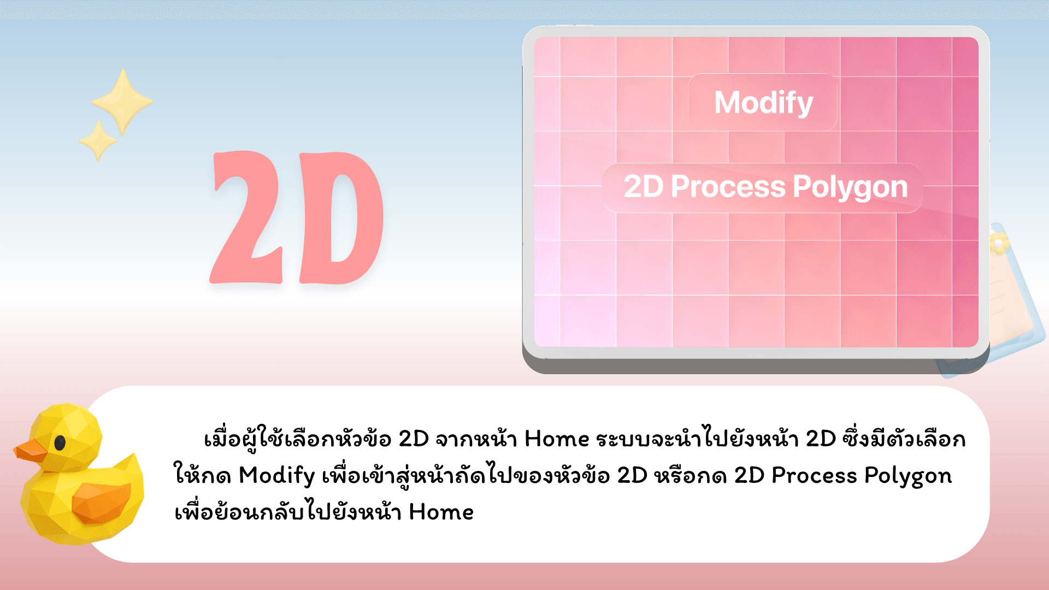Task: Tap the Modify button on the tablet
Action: coord(763,102)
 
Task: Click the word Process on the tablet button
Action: coord(728,187)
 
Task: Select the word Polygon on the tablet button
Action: coord(850,188)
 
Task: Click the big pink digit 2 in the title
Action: coord(246,217)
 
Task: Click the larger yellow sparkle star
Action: coord(122,102)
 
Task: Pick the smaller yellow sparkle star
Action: coord(98,141)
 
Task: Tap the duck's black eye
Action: coord(60,442)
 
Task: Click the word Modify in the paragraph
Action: coord(277,476)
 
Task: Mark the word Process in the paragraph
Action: coord(814,475)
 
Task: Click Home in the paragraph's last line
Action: coord(441,512)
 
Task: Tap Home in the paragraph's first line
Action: coord(557,439)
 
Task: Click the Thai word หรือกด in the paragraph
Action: coord(691,475)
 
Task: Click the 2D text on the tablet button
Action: coord(644,187)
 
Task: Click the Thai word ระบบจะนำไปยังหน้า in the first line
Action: coord(697,439)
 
